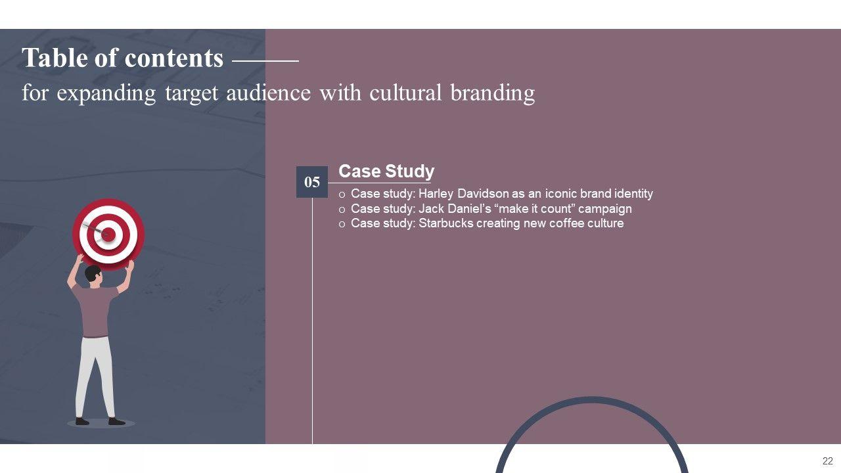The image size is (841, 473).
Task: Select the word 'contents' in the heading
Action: click(x=174, y=58)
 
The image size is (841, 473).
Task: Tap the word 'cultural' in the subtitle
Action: click(x=405, y=93)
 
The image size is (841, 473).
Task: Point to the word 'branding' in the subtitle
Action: click(x=493, y=94)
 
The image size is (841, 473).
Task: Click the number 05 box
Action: click(x=312, y=182)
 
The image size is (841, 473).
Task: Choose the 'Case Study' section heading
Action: click(x=386, y=171)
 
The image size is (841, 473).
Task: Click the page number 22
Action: click(x=827, y=461)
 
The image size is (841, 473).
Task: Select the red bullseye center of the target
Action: click(x=108, y=235)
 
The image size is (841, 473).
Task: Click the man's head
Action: click(x=93, y=275)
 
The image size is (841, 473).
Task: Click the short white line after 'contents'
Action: click(x=266, y=61)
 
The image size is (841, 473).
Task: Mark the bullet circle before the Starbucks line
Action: click(x=342, y=225)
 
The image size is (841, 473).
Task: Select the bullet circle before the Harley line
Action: click(x=342, y=195)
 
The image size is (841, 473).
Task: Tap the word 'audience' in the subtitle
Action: click(x=269, y=93)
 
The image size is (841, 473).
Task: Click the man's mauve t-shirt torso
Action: click(x=95, y=311)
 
